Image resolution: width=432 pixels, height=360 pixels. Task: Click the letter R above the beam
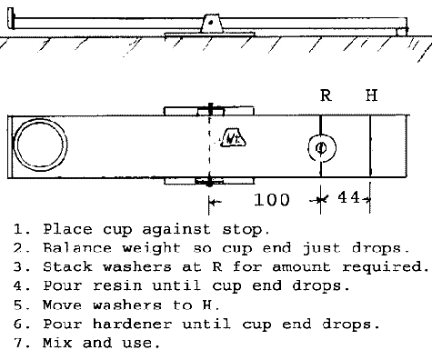(326, 95)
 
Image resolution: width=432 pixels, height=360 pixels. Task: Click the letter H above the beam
(371, 95)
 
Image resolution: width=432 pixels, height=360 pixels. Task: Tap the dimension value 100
(272, 200)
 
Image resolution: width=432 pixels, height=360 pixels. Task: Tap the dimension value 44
(348, 197)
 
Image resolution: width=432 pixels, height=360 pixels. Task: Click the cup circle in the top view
(16, 145)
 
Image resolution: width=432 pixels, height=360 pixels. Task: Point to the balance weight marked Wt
(233, 137)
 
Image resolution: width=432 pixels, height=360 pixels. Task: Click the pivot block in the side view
(212, 23)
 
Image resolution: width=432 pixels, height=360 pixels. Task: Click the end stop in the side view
(11, 18)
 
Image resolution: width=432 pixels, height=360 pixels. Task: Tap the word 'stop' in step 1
(246, 229)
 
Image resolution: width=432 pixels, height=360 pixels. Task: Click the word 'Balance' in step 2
(77, 248)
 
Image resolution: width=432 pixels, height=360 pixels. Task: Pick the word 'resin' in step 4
(117, 285)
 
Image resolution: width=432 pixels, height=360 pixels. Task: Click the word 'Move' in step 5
(62, 305)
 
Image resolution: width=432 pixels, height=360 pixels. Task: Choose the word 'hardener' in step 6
(132, 324)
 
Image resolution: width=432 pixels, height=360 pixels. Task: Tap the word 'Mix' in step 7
(57, 343)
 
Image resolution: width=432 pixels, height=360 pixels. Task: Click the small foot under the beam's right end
(401, 32)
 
